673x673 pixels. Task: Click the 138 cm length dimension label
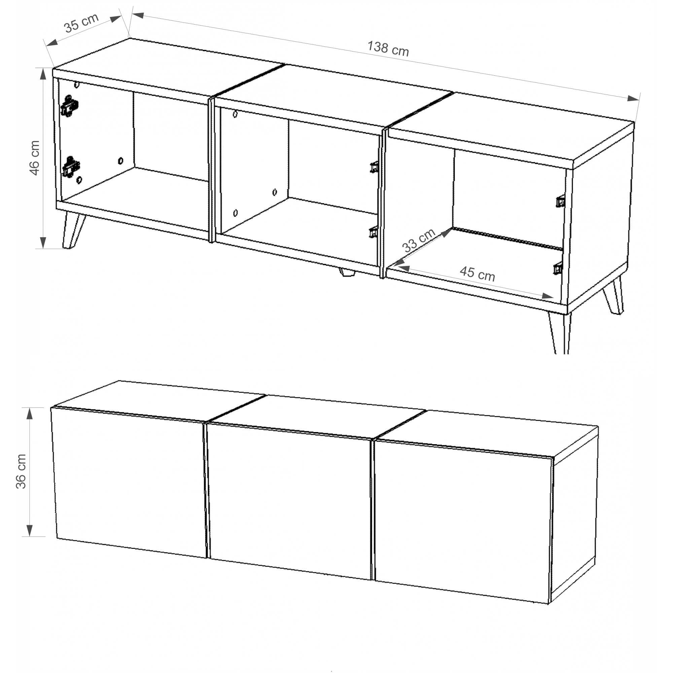click(388, 48)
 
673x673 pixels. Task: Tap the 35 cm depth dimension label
click(81, 23)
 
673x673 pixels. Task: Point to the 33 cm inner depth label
click(419, 240)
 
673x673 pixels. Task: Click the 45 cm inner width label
click(477, 274)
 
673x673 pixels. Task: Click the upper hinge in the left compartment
click(70, 105)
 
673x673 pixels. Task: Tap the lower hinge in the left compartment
click(71, 167)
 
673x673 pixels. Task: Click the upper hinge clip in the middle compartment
click(374, 167)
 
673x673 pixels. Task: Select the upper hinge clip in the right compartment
click(560, 202)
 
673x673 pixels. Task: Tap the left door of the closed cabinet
click(129, 483)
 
